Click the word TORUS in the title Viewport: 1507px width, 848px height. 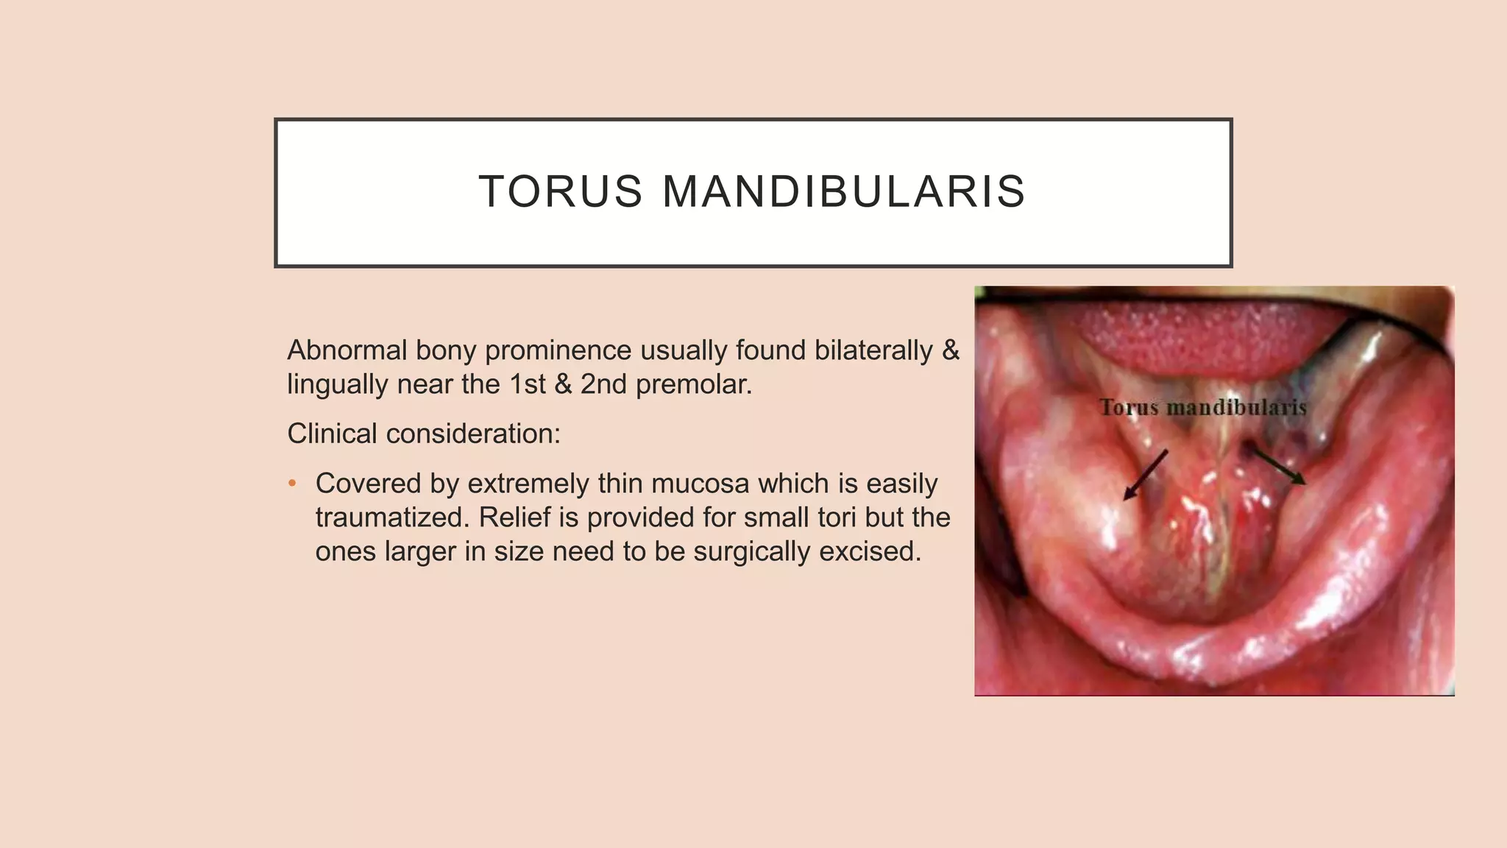(x=561, y=191)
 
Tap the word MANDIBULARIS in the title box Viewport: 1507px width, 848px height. (x=844, y=191)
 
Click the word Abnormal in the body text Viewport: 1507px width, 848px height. (x=347, y=350)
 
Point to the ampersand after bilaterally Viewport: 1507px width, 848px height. (x=951, y=350)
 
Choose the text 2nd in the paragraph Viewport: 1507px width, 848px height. (x=605, y=384)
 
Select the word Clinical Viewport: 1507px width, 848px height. (x=332, y=434)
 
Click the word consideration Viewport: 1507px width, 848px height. (x=473, y=434)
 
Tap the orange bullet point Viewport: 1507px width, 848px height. (x=292, y=484)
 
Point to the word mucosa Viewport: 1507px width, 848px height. (x=700, y=484)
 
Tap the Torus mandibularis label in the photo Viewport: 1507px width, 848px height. (x=1202, y=407)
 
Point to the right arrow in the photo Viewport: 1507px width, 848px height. (x=1280, y=467)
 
